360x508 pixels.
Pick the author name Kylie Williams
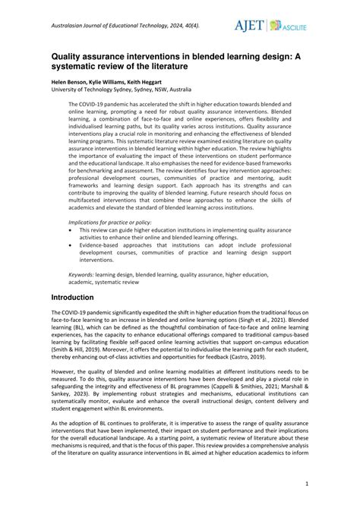click(116, 80)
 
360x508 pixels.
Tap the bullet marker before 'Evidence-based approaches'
click(71, 245)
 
